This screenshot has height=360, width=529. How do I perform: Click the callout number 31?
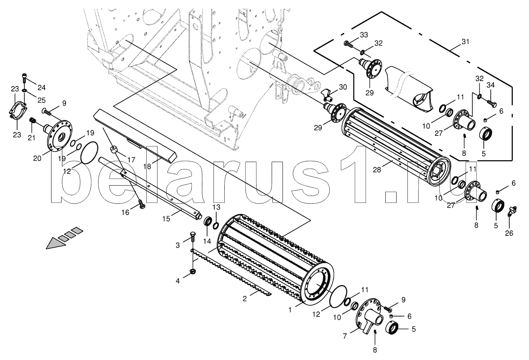pos(465,42)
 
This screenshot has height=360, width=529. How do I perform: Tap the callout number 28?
pos(377,169)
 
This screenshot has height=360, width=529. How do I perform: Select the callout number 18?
pos(147,166)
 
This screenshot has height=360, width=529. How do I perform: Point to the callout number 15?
pos(166,219)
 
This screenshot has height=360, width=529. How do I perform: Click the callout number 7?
pos(345,336)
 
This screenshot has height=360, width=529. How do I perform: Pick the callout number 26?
pos(509,233)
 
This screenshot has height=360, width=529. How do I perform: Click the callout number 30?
pos(342,87)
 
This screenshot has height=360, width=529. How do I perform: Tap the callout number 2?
pos(245,299)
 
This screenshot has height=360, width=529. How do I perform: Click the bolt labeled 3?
pos(193,237)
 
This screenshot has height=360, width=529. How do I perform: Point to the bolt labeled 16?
pos(141,204)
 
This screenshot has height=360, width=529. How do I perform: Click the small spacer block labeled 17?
pos(114,149)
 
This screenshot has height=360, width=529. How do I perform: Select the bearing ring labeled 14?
pos(208,222)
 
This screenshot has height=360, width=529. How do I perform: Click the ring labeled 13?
pos(215,226)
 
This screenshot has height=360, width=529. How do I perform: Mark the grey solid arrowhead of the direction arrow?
pos(56,243)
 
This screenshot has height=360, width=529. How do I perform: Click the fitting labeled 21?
pos(33,120)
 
